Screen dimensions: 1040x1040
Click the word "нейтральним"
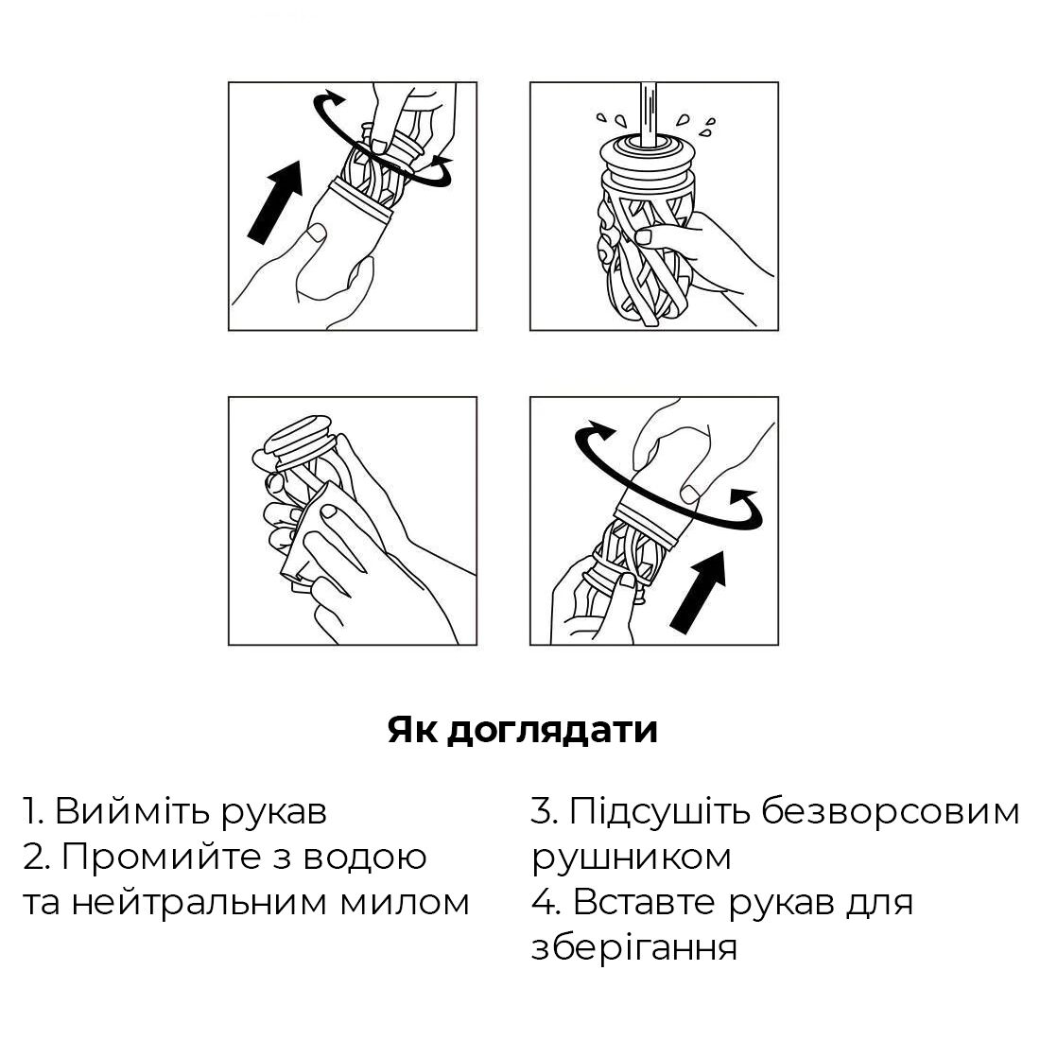click(x=199, y=903)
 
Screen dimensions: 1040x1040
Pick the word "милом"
click(x=406, y=903)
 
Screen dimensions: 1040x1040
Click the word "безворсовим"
click(x=891, y=811)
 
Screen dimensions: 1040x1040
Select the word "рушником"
click(x=632, y=858)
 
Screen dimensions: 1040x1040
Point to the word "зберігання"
click(x=634, y=947)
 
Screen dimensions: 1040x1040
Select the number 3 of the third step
click(x=544, y=810)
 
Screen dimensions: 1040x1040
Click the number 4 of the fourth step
click(x=546, y=903)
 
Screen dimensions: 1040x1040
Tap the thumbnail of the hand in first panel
click(x=319, y=233)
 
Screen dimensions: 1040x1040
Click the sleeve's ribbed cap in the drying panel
click(x=297, y=441)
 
